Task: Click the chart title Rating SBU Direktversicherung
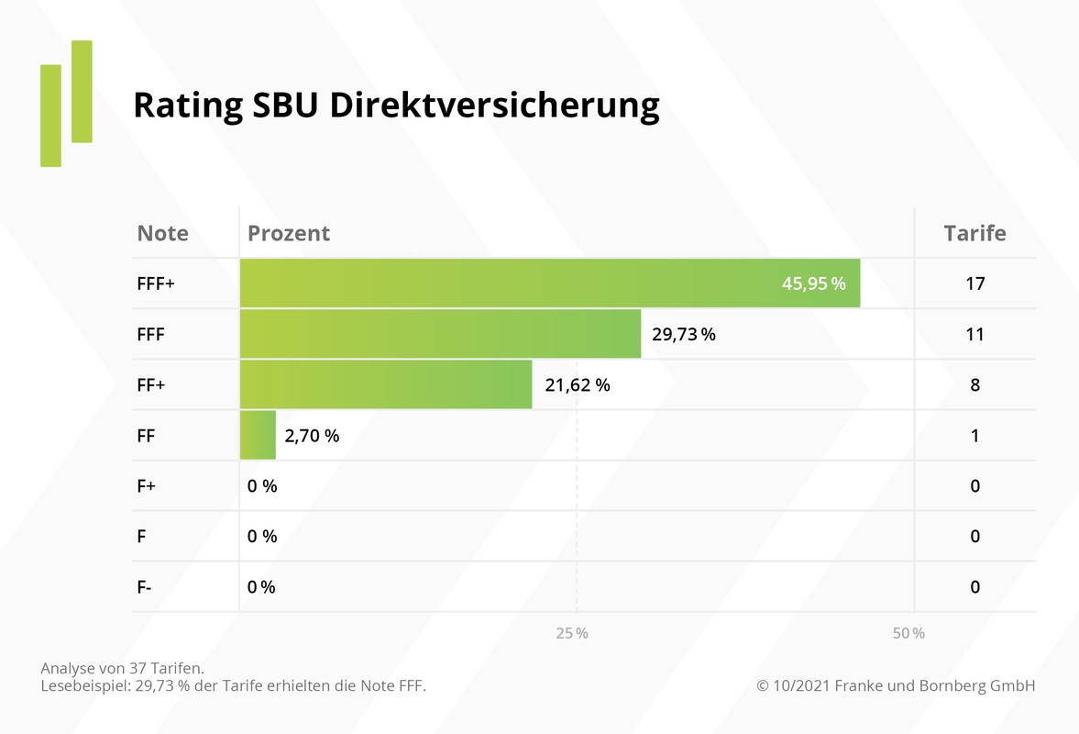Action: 396,106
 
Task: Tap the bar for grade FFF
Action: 440,334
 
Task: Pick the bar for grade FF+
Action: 385,384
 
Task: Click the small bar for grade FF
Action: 258,435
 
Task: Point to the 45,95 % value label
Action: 813,284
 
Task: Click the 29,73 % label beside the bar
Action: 684,334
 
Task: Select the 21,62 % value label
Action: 578,385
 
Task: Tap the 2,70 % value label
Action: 312,436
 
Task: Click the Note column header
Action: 162,233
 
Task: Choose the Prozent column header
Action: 289,233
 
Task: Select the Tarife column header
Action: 974,233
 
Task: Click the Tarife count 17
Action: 974,284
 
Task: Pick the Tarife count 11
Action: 974,334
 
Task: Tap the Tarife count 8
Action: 974,385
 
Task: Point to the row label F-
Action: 145,587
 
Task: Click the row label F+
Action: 147,486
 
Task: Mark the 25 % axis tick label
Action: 571,633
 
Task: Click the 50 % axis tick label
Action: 908,633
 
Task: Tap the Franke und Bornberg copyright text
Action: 896,686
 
